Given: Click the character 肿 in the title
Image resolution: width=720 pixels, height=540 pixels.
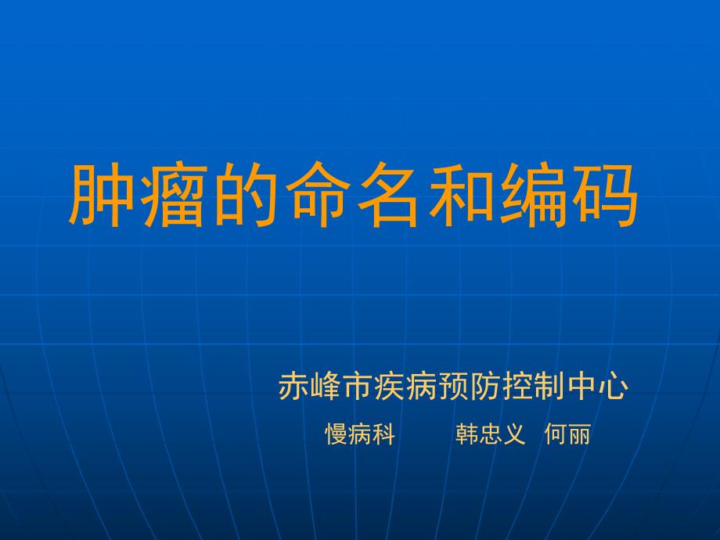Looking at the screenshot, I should tap(103, 196).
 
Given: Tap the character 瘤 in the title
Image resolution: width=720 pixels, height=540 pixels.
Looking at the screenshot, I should tap(175, 196).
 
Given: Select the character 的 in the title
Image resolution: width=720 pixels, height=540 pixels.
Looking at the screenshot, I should tap(247, 196).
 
